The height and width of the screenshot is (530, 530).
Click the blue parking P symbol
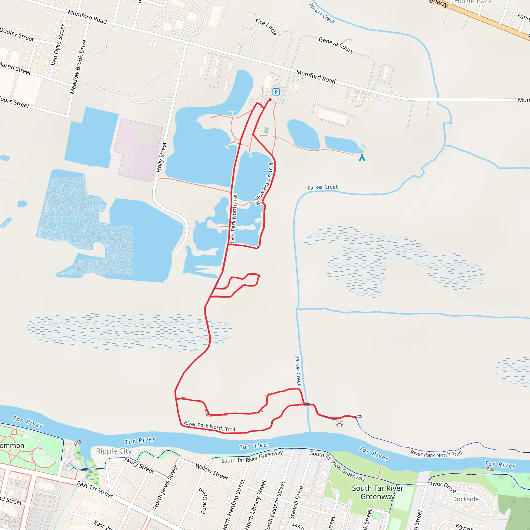click(x=276, y=92)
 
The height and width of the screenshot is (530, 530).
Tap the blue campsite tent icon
click(x=362, y=158)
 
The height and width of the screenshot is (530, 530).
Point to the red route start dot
click(x=270, y=100)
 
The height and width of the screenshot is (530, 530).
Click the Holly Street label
click(x=161, y=157)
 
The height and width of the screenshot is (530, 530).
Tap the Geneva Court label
click(x=336, y=45)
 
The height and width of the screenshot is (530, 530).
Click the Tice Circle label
click(x=266, y=27)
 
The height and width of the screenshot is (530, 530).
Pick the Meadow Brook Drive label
click(x=78, y=67)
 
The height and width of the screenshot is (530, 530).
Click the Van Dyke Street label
click(x=58, y=45)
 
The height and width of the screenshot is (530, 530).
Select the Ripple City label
click(x=114, y=451)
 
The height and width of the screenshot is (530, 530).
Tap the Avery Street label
click(x=139, y=465)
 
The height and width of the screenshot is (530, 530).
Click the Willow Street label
click(x=211, y=472)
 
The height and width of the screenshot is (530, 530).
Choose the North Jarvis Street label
click(x=165, y=487)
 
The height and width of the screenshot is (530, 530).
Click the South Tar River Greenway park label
click(x=378, y=492)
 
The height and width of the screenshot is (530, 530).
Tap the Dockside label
click(x=465, y=499)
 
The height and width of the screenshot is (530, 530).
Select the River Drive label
click(x=443, y=487)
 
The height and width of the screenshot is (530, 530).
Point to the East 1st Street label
click(x=95, y=489)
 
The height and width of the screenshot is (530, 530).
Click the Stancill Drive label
click(x=297, y=502)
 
